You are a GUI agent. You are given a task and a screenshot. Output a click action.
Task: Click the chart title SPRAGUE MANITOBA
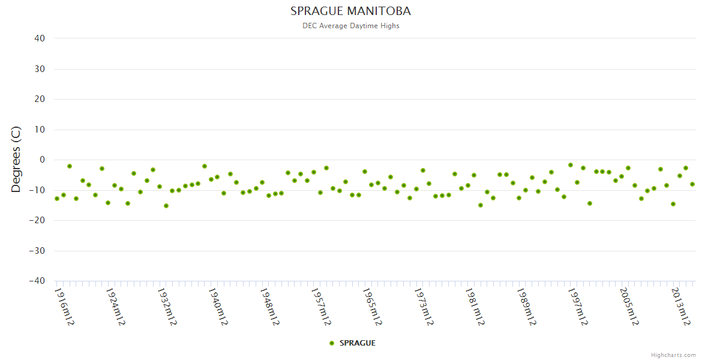(x=350, y=11)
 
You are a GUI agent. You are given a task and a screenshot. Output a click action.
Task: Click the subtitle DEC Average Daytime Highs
(x=350, y=26)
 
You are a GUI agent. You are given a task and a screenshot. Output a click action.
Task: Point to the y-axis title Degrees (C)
(x=16, y=160)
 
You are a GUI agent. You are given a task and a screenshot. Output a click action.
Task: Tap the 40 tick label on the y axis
(x=40, y=38)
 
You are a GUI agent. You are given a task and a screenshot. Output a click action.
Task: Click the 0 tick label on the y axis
(x=42, y=160)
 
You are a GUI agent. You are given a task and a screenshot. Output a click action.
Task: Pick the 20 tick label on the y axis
(x=40, y=99)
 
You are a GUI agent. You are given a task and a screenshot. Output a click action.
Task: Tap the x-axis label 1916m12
(x=64, y=307)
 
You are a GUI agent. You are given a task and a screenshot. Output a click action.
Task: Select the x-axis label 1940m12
(x=218, y=307)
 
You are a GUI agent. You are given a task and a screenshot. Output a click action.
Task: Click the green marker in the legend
(x=332, y=343)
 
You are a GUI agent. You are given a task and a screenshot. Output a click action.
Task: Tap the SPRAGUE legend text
(x=358, y=343)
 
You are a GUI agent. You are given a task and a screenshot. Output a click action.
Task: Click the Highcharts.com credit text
(x=673, y=355)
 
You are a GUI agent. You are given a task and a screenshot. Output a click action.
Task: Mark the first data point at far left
(x=57, y=199)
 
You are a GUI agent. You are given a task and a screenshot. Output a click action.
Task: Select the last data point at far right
(x=692, y=184)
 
